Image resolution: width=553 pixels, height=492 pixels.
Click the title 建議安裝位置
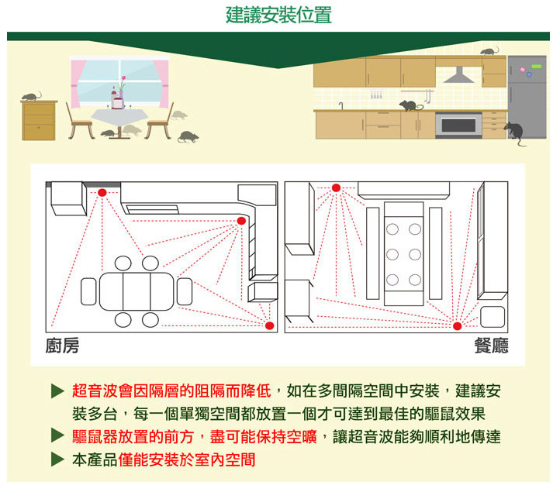278,15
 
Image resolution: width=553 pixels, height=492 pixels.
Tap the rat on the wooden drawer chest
31,96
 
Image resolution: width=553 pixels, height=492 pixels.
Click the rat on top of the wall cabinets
489,51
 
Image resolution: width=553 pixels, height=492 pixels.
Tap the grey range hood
459,75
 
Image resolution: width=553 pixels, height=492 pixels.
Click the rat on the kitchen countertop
409,105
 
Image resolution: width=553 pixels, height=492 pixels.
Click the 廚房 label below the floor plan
62,346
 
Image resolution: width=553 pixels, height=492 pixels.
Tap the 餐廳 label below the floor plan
492,346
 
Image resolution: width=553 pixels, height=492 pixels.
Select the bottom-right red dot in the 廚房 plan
269,325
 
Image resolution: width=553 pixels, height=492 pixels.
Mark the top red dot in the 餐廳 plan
336,188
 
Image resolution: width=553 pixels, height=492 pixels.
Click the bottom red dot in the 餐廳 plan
457,325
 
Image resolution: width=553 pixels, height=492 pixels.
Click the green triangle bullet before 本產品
56,459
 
